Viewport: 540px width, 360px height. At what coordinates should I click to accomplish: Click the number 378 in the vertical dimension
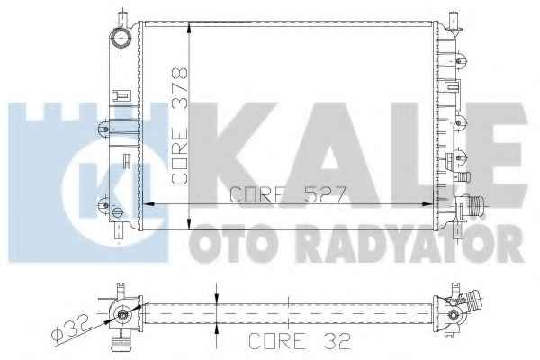[180, 88]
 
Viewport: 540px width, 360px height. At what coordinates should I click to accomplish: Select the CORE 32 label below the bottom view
[300, 341]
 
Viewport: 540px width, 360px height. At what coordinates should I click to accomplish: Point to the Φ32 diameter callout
[69, 328]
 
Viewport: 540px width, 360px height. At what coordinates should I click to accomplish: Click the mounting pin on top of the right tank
[454, 20]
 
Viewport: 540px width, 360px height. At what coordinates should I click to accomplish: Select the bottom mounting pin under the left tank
[119, 231]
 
